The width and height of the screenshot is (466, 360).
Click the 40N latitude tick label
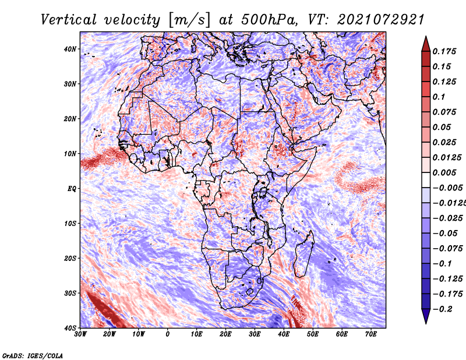click(x=70, y=49)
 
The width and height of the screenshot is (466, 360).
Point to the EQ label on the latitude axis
click(x=72, y=189)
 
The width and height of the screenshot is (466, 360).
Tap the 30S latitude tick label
click(x=70, y=294)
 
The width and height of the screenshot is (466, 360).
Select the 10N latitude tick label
click(x=70, y=154)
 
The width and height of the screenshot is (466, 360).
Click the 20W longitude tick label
click(x=109, y=334)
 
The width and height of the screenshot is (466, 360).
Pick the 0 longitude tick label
click(x=168, y=334)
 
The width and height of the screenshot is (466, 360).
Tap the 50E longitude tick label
click(x=313, y=334)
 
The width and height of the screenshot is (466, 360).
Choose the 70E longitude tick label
click(x=370, y=334)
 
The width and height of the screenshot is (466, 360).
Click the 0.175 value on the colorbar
click(x=444, y=51)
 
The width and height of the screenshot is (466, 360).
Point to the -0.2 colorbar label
click(x=442, y=309)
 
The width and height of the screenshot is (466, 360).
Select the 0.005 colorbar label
click(x=444, y=172)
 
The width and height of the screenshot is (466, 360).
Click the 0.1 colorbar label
click(x=439, y=97)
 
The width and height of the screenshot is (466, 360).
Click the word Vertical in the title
click(x=69, y=20)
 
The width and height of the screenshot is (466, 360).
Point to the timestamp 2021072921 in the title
click(x=381, y=20)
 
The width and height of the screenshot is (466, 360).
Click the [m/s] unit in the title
click(x=189, y=20)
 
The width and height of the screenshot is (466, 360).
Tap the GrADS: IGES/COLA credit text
click(x=33, y=355)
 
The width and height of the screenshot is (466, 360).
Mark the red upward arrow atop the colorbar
click(x=426, y=44)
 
